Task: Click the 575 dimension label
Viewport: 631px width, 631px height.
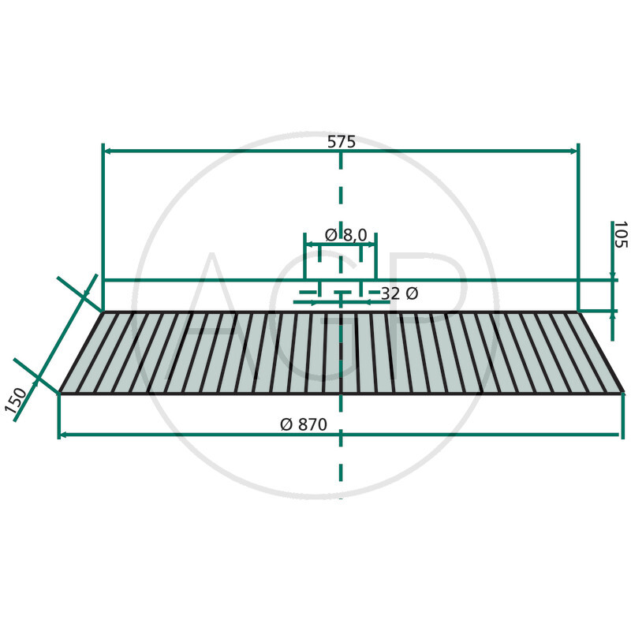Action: click(x=342, y=142)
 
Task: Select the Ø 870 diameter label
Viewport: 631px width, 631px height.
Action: click(x=304, y=424)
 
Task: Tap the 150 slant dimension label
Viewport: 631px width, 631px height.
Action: click(x=16, y=401)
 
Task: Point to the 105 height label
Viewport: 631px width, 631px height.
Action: click(x=620, y=234)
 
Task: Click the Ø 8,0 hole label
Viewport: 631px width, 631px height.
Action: click(x=346, y=235)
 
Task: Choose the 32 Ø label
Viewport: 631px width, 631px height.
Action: click(x=400, y=293)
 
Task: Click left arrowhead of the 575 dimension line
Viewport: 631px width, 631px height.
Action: click(x=107, y=151)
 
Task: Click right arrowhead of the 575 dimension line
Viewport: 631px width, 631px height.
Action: click(x=575, y=151)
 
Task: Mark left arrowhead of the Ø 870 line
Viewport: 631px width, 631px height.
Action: click(x=62, y=435)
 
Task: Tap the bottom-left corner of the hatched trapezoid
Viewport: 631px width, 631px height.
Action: click(x=60, y=392)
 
